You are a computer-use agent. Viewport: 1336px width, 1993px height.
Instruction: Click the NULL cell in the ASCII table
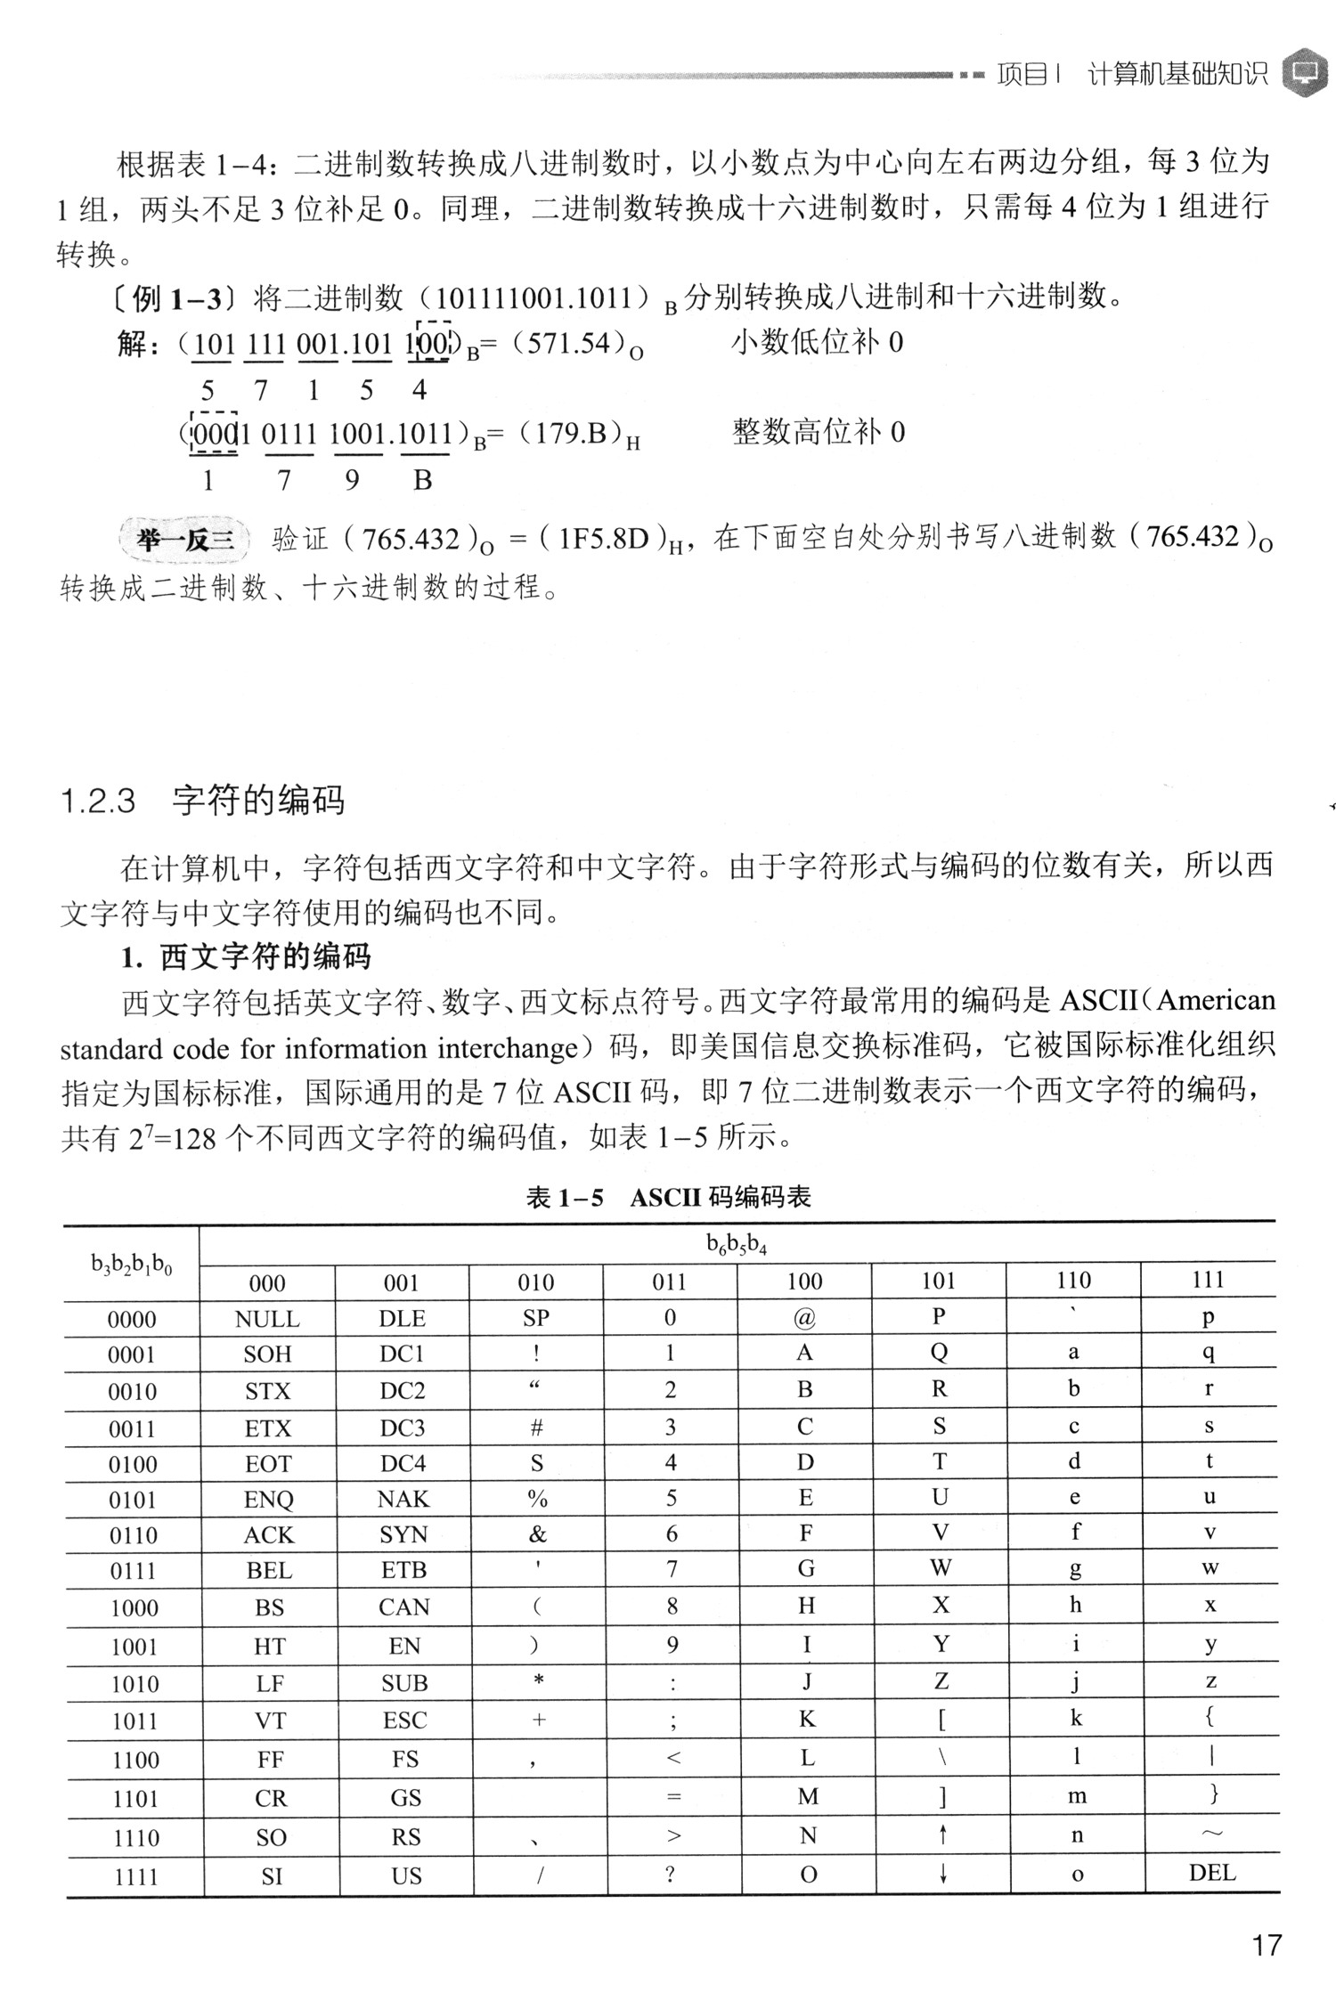pos(267,1319)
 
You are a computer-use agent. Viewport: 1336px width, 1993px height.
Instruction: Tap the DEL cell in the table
pos(1211,1872)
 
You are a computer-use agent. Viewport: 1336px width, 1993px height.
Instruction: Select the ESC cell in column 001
pos(404,1720)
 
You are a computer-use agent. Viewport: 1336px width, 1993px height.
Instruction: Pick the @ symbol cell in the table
pos(804,1318)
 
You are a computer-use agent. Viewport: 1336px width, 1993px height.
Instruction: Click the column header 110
pos(1073,1281)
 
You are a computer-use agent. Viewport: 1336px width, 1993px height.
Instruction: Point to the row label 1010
pos(134,1683)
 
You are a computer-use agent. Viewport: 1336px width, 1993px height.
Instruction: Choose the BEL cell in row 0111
pos(269,1570)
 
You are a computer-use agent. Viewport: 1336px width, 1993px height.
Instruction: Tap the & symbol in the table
pos(537,1533)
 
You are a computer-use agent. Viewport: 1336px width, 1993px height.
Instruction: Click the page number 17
pos(1266,1946)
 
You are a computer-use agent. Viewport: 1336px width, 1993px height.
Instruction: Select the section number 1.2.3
pos(97,801)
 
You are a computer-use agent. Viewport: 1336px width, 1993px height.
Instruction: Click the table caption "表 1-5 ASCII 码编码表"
pos(668,1198)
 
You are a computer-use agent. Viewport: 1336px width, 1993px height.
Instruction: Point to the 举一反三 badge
pos(184,540)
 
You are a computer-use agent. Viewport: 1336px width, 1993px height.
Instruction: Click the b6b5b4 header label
pos(737,1244)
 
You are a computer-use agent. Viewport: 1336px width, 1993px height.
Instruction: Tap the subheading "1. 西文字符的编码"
pos(246,957)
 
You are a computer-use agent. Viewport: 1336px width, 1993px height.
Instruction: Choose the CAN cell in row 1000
pos(403,1607)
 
